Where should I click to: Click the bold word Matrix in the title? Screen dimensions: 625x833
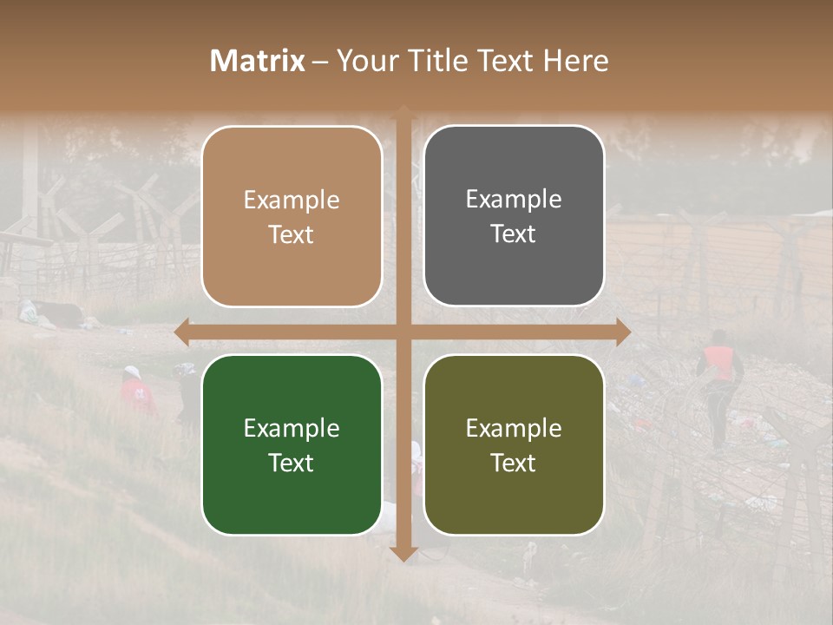pos(258,61)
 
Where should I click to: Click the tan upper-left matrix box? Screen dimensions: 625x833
pos(292,216)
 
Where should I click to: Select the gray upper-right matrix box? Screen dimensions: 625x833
pos(514,216)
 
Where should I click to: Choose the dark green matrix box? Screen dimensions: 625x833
pos(292,444)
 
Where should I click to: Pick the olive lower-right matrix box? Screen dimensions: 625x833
pos(514,444)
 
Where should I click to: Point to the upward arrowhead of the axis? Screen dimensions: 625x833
pos(403,111)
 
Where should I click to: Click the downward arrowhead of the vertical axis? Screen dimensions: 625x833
pos(403,553)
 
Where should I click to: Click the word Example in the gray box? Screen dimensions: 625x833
pos(514,200)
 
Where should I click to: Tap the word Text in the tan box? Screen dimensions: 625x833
pos(292,234)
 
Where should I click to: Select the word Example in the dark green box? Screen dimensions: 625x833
pos(292,428)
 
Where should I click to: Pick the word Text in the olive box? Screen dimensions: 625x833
pos(514,463)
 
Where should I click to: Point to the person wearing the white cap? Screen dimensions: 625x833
pos(134,386)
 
